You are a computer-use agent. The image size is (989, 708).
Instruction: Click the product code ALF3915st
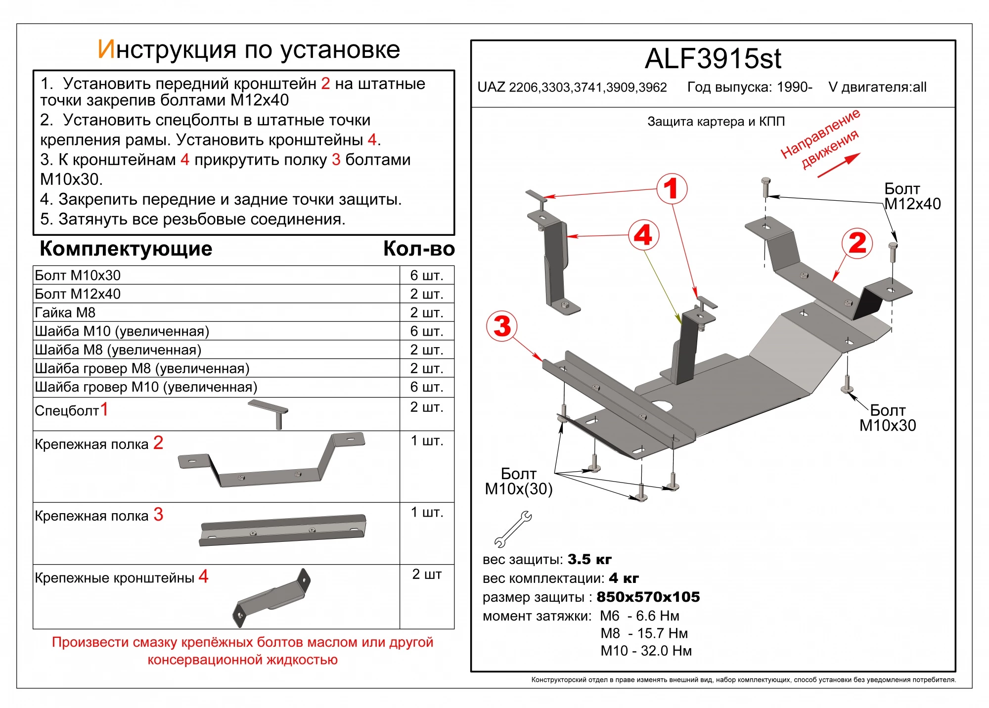click(713, 59)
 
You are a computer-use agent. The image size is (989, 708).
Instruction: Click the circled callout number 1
click(671, 188)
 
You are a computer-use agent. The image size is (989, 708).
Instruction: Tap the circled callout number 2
click(857, 243)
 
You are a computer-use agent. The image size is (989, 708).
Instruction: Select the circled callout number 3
click(502, 326)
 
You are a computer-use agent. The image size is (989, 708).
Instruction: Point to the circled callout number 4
click(643, 235)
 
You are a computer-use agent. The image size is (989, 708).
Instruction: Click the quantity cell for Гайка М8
click(426, 312)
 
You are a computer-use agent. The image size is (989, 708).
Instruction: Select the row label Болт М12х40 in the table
click(78, 294)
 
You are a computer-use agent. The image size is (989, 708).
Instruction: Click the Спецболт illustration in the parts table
click(270, 413)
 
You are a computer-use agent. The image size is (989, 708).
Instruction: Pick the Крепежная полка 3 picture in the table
click(283, 531)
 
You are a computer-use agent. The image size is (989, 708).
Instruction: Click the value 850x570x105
click(648, 597)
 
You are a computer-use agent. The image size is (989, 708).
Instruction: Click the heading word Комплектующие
click(126, 249)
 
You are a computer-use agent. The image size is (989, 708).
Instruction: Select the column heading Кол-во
click(418, 249)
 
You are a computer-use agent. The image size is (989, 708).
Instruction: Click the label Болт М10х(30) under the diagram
click(519, 482)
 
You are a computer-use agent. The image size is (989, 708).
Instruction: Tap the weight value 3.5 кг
click(589, 559)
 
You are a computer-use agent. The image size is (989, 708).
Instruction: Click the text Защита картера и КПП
click(716, 122)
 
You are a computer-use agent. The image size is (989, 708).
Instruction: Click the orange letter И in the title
click(106, 49)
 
